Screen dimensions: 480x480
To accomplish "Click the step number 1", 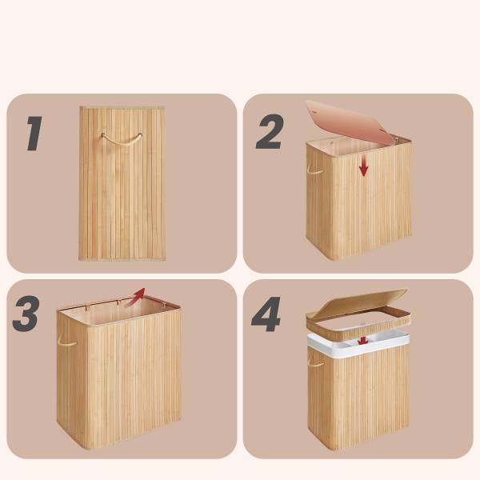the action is pyautogui.click(x=34, y=133).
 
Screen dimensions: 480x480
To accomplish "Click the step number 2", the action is pyautogui.click(x=270, y=132).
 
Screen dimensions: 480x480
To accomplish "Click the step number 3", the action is pyautogui.click(x=26, y=314).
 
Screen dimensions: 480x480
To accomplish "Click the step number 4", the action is pyautogui.click(x=266, y=314).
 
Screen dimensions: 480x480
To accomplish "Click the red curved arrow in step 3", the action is pyautogui.click(x=134, y=298).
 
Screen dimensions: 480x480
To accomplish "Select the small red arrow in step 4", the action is pyautogui.click(x=363, y=341).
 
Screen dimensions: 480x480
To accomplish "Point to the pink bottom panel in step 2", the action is pyautogui.click(x=350, y=122).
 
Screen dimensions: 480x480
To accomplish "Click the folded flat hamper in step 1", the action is pyautogui.click(x=122, y=184).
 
